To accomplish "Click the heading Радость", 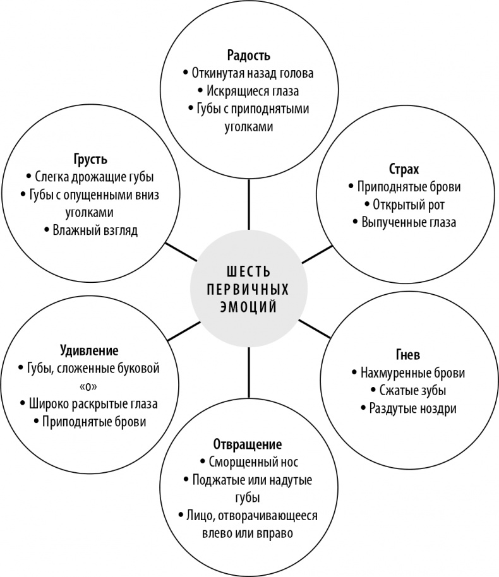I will pyautogui.click(x=248, y=55).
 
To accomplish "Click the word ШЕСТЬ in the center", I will pyautogui.click(x=249, y=272).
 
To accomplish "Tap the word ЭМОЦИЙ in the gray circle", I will pyautogui.click(x=249, y=307).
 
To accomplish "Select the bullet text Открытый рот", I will pyautogui.click(x=408, y=205).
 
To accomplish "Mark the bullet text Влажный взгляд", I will pyautogui.click(x=95, y=230).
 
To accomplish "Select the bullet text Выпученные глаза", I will pyautogui.click(x=408, y=222).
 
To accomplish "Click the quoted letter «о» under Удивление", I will pyautogui.click(x=89, y=385).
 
